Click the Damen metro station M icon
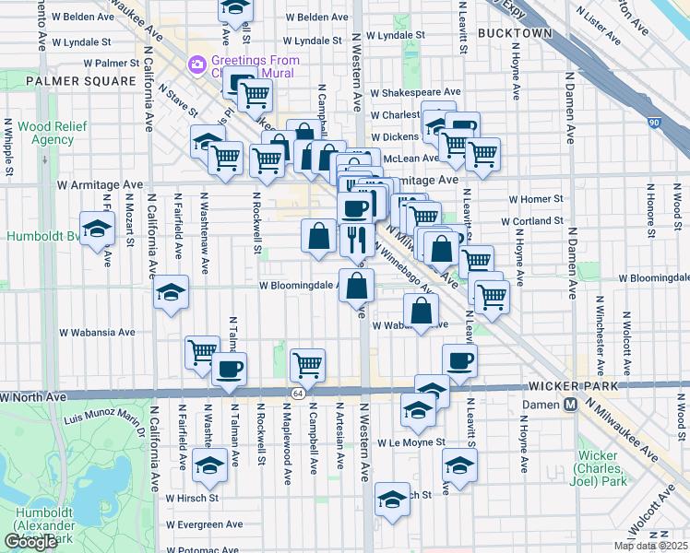571,404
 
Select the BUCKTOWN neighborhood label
516,33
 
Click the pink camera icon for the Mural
196,64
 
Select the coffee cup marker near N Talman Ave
229,369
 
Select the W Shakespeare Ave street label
415,92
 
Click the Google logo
30,542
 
